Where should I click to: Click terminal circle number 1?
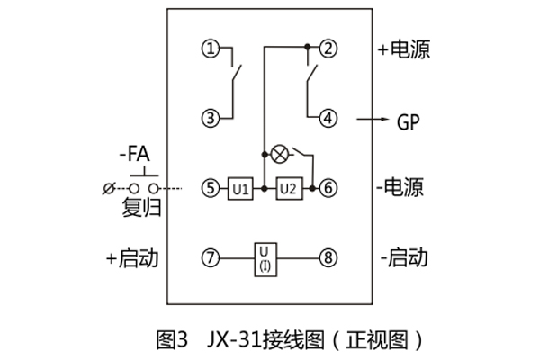[x=210, y=49]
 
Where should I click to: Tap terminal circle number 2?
[x=329, y=49]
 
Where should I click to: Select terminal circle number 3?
[x=210, y=117]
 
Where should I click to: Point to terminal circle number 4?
[x=329, y=117]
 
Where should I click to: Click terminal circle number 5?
[x=210, y=189]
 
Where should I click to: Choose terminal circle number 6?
[x=329, y=189]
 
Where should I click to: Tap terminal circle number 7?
[x=210, y=259]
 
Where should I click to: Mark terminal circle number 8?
[x=329, y=259]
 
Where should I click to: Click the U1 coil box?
[x=238, y=189]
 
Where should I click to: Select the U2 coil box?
[x=288, y=189]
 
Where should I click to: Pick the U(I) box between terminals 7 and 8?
[x=265, y=259]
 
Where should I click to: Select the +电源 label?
[x=404, y=49]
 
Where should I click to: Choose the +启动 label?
[x=131, y=259]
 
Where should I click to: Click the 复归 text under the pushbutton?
[x=139, y=209]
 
